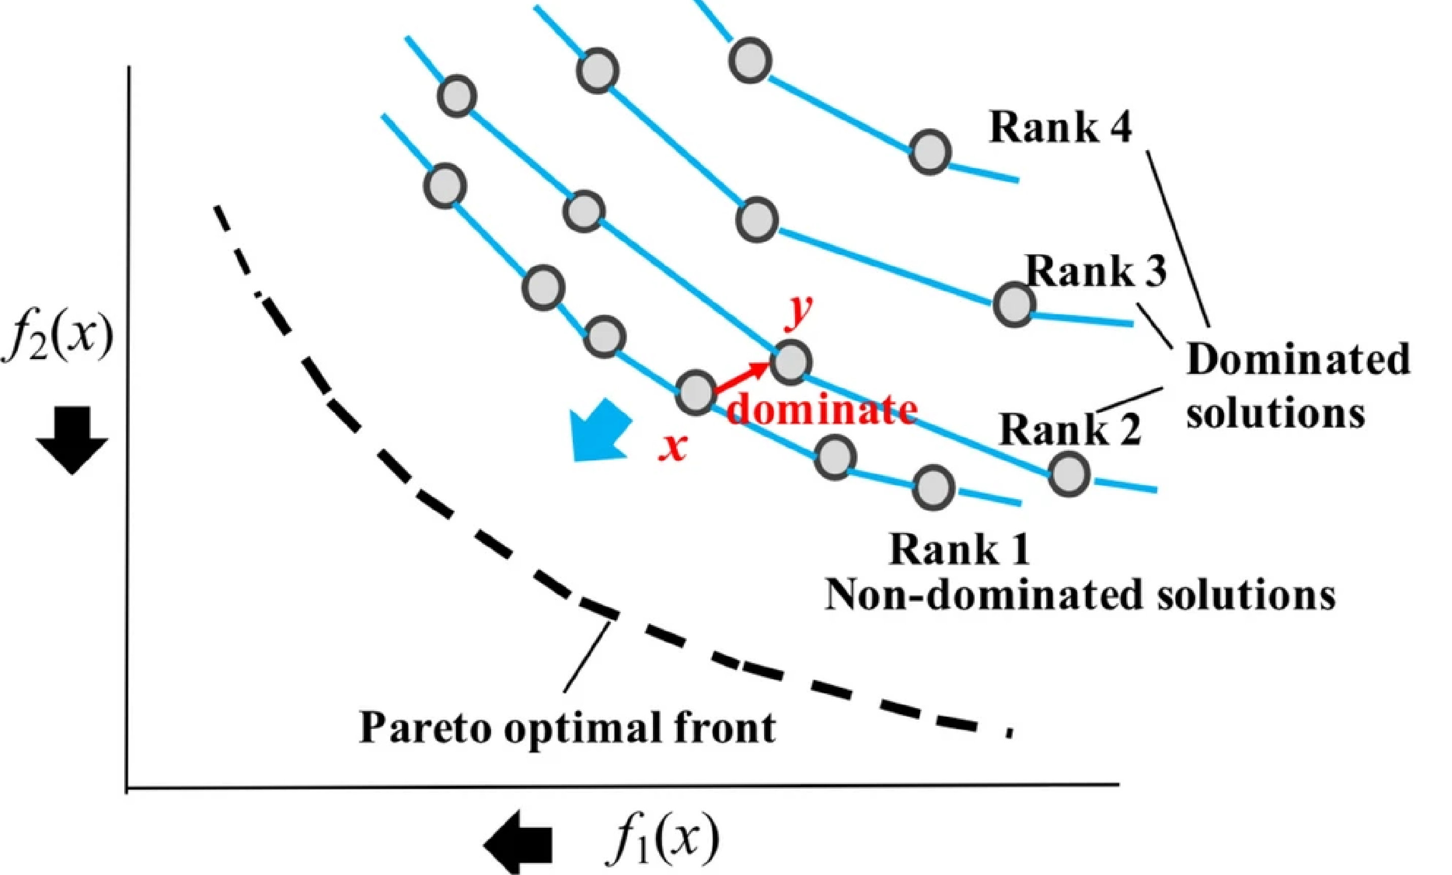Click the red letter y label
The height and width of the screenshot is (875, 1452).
799,312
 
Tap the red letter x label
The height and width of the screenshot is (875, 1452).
672,448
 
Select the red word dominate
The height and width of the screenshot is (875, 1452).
821,409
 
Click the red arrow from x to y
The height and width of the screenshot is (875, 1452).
742,377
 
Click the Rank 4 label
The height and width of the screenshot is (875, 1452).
1060,127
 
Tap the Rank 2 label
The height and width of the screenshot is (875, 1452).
1069,429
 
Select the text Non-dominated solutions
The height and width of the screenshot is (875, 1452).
1080,595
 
